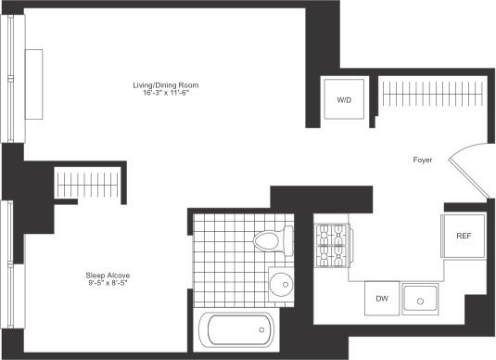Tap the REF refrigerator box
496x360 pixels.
[x=463, y=236]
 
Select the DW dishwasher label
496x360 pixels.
[x=382, y=299]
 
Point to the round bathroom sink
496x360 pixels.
[x=277, y=283]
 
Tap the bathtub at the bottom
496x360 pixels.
[x=236, y=329]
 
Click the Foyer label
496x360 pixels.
[x=423, y=161]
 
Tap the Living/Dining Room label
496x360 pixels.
[x=165, y=84]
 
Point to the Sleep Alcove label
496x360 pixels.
[x=99, y=274]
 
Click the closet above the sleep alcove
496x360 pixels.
[x=89, y=182]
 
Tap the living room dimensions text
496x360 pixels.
[x=165, y=93]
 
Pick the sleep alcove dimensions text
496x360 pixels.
[x=99, y=282]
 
